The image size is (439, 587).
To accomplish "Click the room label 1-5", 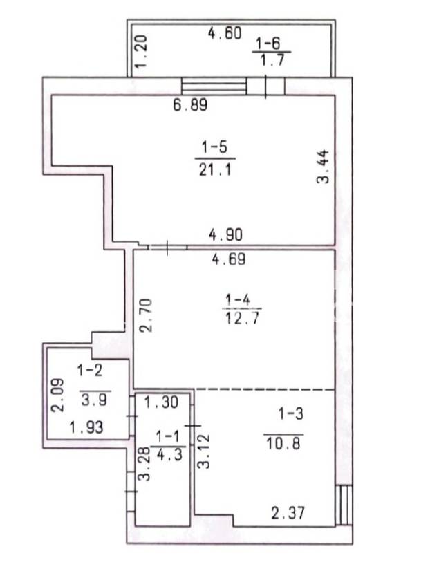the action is pos(215,147).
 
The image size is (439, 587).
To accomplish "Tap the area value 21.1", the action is pos(215,170).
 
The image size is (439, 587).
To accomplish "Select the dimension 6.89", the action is pos(190,105).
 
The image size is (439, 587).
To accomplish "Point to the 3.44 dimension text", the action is pos(323,166).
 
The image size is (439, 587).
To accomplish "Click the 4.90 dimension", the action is pos(225,234).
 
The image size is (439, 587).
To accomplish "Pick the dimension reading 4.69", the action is pos(229,259).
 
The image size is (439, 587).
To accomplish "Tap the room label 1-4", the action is pos(238,300).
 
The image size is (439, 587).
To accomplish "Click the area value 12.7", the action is pos(242,319).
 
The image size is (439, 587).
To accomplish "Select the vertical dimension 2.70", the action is pos(146,315).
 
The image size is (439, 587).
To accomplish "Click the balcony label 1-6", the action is pos(268,44).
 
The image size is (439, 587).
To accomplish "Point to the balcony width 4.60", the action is pos(225,33).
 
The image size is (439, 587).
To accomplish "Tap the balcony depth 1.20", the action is pos(142,51).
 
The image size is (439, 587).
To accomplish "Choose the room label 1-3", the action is pos(290,413).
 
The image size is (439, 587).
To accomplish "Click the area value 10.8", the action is pos(283,444).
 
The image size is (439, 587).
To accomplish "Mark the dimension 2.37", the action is pos(288,513).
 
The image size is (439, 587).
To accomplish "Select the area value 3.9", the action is pos(94,400).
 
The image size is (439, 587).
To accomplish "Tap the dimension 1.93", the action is pos(86,427).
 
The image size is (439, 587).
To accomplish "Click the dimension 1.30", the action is pos(162,402).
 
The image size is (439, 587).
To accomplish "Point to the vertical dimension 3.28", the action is pos(144,465).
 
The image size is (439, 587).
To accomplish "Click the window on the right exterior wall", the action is pos(344,505).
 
